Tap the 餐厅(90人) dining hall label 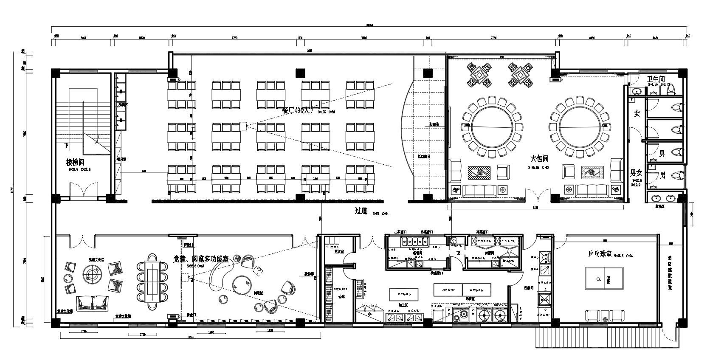click(x=297, y=110)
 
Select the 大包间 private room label click(x=539, y=159)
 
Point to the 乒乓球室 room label click(x=599, y=254)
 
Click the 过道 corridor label click(x=361, y=211)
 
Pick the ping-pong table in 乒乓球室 click(x=603, y=278)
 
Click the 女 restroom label click(x=637, y=113)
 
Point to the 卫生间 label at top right click(x=656, y=79)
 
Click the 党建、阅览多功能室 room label click(x=201, y=259)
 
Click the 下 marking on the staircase click(x=66, y=146)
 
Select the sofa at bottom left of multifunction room click(x=93, y=303)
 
